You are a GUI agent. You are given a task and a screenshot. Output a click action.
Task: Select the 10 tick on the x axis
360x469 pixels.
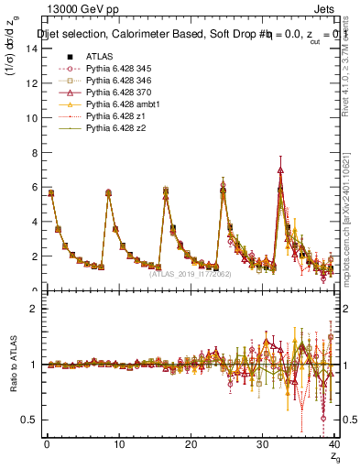118,445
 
